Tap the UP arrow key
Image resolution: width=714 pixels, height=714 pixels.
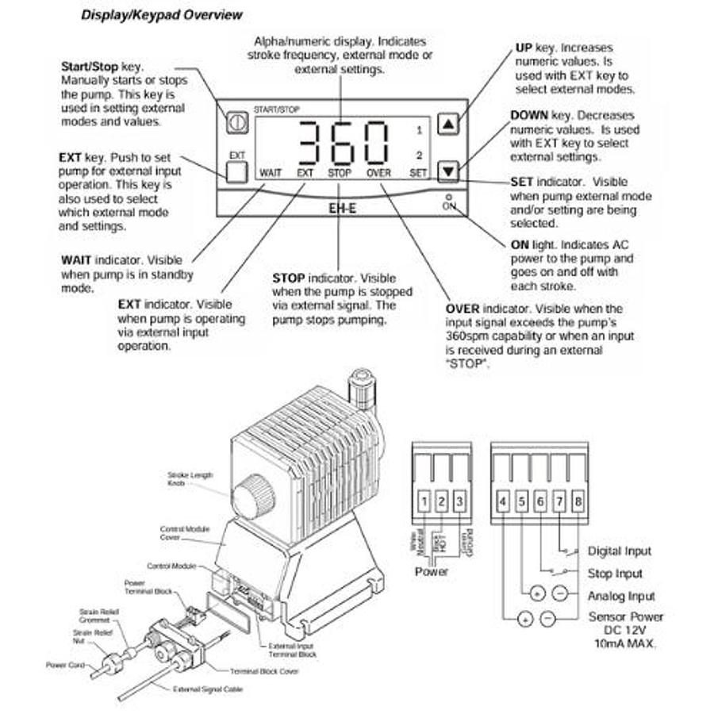tap(449, 124)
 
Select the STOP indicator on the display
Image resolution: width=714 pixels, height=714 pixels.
tap(340, 171)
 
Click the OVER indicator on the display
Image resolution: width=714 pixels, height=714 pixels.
tap(379, 171)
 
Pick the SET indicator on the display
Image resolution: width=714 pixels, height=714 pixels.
tap(418, 171)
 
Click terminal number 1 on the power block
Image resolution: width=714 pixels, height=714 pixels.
tap(425, 501)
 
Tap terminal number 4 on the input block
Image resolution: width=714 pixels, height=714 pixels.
tap(504, 501)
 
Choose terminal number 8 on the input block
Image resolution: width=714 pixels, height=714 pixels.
tap(578, 501)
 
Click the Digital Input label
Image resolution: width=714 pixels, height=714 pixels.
tap(620, 551)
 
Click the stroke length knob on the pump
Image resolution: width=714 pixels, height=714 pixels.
tap(254, 496)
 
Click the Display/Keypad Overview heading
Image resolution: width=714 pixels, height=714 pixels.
tap(162, 15)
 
